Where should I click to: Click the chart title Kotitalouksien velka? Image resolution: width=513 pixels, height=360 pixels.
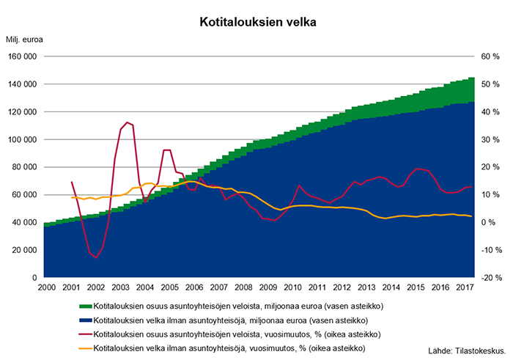(257, 23)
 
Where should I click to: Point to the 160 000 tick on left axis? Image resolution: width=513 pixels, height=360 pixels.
(23, 56)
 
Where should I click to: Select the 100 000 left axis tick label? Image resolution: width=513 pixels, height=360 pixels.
(23, 139)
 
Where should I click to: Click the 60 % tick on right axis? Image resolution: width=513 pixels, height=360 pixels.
(490, 56)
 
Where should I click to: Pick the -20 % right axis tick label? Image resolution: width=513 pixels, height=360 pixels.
(490, 278)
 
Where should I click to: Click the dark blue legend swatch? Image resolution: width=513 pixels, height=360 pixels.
(84, 320)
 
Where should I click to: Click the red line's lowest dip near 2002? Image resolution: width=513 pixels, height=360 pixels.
(96, 258)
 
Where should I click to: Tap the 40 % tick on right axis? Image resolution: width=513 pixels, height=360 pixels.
(490, 111)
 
